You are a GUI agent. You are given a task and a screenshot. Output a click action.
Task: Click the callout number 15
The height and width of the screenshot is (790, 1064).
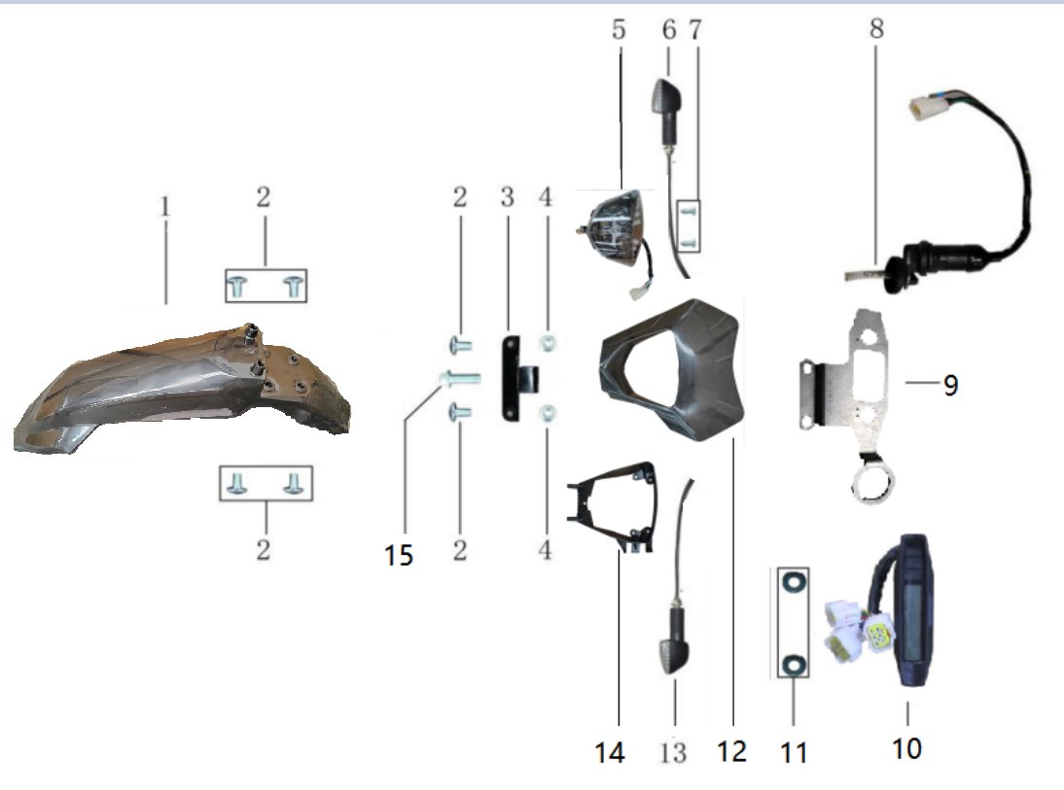[399, 555]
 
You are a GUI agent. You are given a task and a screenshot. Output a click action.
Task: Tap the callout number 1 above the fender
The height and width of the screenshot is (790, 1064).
[165, 207]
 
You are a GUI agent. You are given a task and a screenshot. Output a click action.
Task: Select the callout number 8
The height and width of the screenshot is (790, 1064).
[876, 28]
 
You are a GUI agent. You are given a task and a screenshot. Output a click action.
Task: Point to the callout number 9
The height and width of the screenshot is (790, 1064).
[950, 385]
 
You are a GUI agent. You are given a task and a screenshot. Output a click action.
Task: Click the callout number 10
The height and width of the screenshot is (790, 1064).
[906, 748]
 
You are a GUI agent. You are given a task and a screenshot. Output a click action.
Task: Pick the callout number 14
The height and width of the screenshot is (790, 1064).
[610, 752]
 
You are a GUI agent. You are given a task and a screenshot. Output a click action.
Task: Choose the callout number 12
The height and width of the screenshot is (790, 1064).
[732, 751]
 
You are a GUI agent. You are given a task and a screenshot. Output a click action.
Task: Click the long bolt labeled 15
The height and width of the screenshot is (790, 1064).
[460, 378]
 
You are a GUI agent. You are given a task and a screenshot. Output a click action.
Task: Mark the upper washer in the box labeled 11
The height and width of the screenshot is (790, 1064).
[793, 582]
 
